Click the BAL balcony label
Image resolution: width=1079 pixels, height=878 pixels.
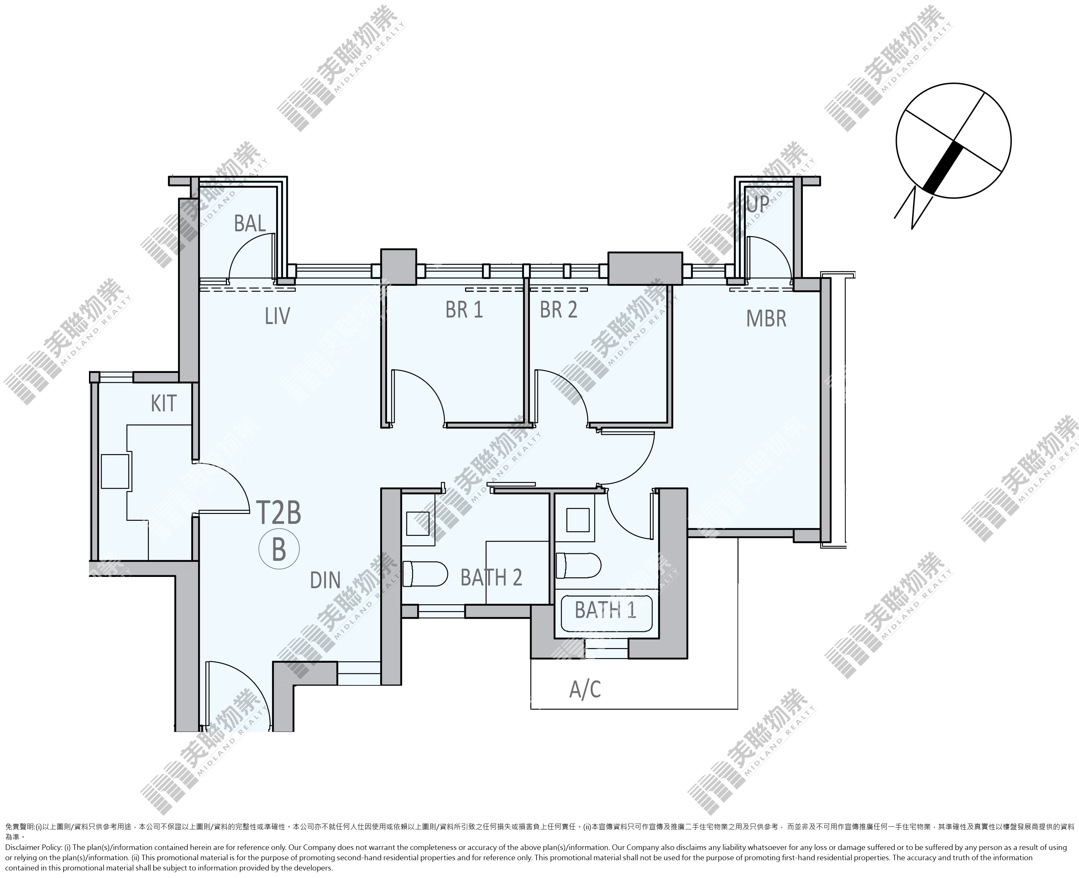click(250, 223)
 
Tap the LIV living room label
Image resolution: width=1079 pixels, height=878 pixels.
click(277, 316)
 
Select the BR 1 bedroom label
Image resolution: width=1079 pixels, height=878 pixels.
click(464, 310)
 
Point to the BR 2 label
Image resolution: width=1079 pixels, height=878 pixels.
click(558, 310)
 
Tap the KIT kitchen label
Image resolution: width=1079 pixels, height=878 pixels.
click(163, 404)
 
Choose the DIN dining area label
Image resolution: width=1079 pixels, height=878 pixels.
click(325, 581)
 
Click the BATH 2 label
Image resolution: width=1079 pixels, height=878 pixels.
click(491, 578)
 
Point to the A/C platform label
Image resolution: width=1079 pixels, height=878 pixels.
click(585, 689)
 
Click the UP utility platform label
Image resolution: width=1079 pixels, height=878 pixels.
click(758, 204)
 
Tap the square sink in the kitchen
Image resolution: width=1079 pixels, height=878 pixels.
click(115, 472)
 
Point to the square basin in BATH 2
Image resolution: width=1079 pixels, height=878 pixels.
click(418, 524)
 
